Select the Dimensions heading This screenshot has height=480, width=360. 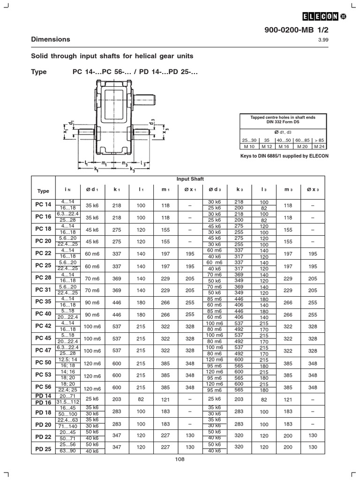[51, 39]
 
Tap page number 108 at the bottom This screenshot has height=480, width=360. [180, 459]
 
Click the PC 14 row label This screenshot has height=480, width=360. [43, 204]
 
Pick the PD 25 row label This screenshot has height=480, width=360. [43, 449]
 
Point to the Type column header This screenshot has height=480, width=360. [43, 191]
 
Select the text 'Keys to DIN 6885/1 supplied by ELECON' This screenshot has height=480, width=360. [284, 156]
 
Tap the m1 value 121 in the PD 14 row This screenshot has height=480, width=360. [165, 399]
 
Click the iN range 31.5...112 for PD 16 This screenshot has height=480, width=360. [68, 402]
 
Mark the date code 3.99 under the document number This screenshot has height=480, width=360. [324, 39]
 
